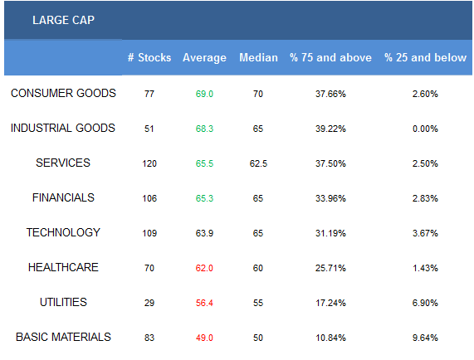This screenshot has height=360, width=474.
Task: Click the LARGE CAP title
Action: pyautogui.click(x=63, y=20)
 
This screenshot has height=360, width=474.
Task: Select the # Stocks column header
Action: pyautogui.click(x=149, y=57)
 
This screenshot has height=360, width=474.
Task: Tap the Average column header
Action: pyautogui.click(x=205, y=58)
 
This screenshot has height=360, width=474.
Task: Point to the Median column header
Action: pyautogui.click(x=258, y=57)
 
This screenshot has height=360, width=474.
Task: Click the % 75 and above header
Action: pyautogui.click(x=330, y=57)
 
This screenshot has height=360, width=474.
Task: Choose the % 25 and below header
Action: pyautogui.click(x=425, y=57)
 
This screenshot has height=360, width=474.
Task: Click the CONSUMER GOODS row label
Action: pyautogui.click(x=63, y=93)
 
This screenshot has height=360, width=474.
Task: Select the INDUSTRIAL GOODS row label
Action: pyautogui.click(x=63, y=128)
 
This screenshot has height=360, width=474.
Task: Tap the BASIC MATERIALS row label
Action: pyautogui.click(x=63, y=337)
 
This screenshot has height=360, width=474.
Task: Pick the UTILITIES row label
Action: pyautogui.click(x=63, y=302)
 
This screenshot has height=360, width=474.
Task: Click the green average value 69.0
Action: pyautogui.click(x=204, y=94)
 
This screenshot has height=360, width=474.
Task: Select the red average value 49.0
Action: pyautogui.click(x=204, y=338)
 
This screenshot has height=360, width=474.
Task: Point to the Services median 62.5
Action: pyautogui.click(x=258, y=163)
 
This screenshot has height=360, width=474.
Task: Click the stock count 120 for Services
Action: pyautogui.click(x=149, y=163)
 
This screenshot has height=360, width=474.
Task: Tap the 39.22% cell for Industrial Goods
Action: pyautogui.click(x=330, y=129)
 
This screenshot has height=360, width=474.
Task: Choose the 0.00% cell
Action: pyautogui.click(x=425, y=129)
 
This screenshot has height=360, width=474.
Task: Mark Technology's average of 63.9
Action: pyautogui.click(x=204, y=233)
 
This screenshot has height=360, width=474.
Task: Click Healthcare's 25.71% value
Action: pyautogui.click(x=330, y=268)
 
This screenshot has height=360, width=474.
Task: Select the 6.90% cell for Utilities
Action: pyautogui.click(x=425, y=303)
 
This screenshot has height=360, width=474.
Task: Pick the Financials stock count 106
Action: pyautogui.click(x=149, y=198)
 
